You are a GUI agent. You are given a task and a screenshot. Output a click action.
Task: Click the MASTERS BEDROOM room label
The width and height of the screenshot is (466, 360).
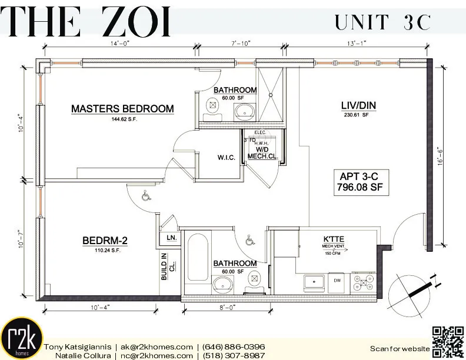(122, 109)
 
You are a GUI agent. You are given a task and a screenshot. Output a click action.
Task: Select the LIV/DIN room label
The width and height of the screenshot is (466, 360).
(358, 106)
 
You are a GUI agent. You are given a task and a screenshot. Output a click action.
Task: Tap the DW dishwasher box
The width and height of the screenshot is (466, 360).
(337, 282)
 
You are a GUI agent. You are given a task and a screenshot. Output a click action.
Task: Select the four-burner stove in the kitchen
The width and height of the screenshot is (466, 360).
(362, 282)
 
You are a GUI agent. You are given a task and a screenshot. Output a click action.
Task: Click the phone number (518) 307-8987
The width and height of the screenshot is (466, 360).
(234, 355)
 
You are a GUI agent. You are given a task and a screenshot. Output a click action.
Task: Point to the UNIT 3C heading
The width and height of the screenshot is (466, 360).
(383, 22)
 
